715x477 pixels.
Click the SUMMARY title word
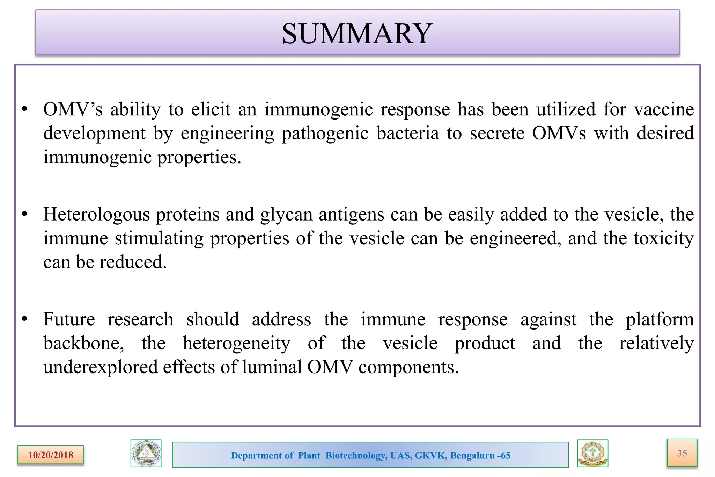click(x=357, y=34)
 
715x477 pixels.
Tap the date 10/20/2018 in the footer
click(x=51, y=455)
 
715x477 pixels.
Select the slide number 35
click(x=682, y=453)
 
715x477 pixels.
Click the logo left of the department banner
click(x=146, y=453)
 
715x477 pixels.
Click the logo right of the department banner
click(x=592, y=453)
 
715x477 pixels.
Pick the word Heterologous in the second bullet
click(x=96, y=215)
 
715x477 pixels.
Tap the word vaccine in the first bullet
click(x=664, y=109)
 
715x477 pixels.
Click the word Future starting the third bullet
click(x=69, y=319)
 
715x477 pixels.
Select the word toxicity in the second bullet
click(x=664, y=238)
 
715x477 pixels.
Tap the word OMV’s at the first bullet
click(x=73, y=109)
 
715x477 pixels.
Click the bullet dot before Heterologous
click(x=24, y=214)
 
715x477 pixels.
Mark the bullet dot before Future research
click(x=24, y=319)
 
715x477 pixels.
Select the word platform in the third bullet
click(x=659, y=319)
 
